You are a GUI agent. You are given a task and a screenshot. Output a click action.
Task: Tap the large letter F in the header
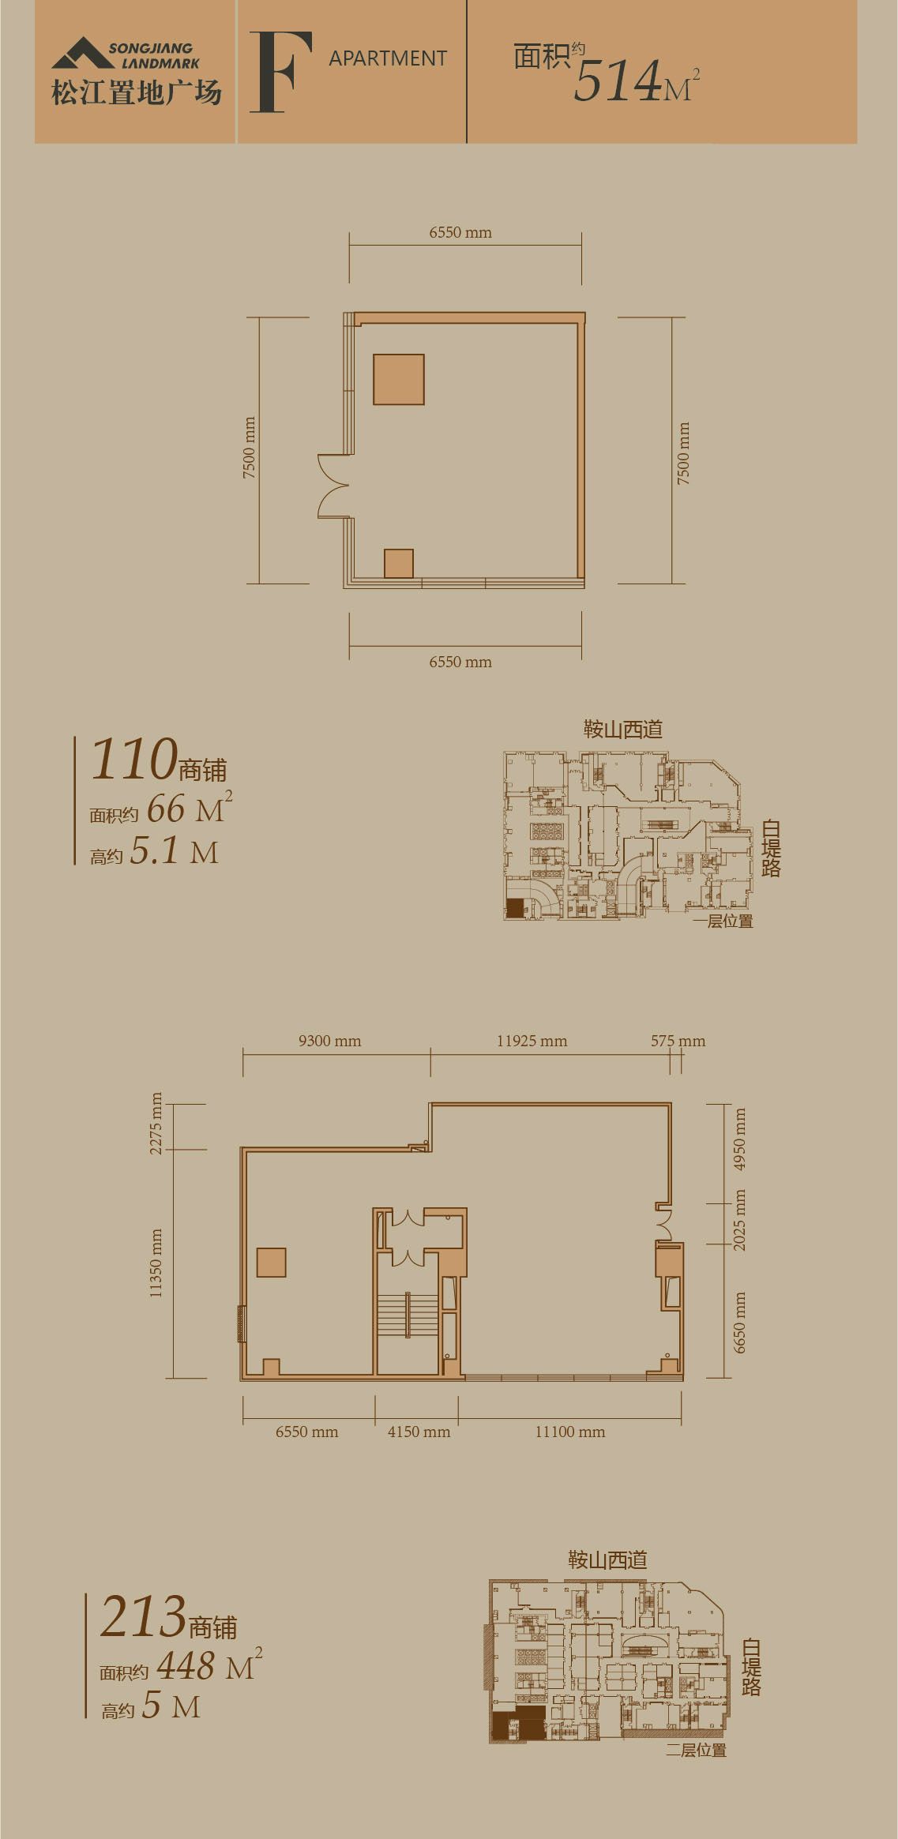(280, 73)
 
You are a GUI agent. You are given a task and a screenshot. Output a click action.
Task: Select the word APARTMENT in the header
(388, 58)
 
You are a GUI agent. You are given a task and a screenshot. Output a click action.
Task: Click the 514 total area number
(617, 81)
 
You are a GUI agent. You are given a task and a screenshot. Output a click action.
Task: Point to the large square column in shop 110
(399, 380)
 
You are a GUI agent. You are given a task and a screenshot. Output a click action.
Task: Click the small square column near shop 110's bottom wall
(399, 563)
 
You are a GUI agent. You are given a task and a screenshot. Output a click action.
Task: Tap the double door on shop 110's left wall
(333, 486)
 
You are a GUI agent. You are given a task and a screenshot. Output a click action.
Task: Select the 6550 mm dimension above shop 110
(460, 232)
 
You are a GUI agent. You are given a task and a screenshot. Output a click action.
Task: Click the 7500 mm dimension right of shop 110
(683, 453)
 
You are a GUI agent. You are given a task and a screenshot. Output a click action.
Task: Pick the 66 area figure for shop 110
(166, 809)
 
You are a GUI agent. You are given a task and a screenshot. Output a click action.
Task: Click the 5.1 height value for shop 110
(155, 851)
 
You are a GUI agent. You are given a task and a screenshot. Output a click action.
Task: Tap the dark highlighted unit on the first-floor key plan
(515, 908)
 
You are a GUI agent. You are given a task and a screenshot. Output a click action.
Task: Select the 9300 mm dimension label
(329, 1041)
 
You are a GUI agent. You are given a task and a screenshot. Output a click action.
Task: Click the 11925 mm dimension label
(532, 1041)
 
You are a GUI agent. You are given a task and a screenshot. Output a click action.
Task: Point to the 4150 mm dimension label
(419, 1432)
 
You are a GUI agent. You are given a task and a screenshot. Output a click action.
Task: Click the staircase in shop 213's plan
(408, 1315)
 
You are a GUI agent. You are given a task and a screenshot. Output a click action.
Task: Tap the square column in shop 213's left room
(271, 1262)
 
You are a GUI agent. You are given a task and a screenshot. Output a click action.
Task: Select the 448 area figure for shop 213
(186, 1665)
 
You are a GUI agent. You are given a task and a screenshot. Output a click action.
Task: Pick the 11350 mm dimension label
(156, 1263)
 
